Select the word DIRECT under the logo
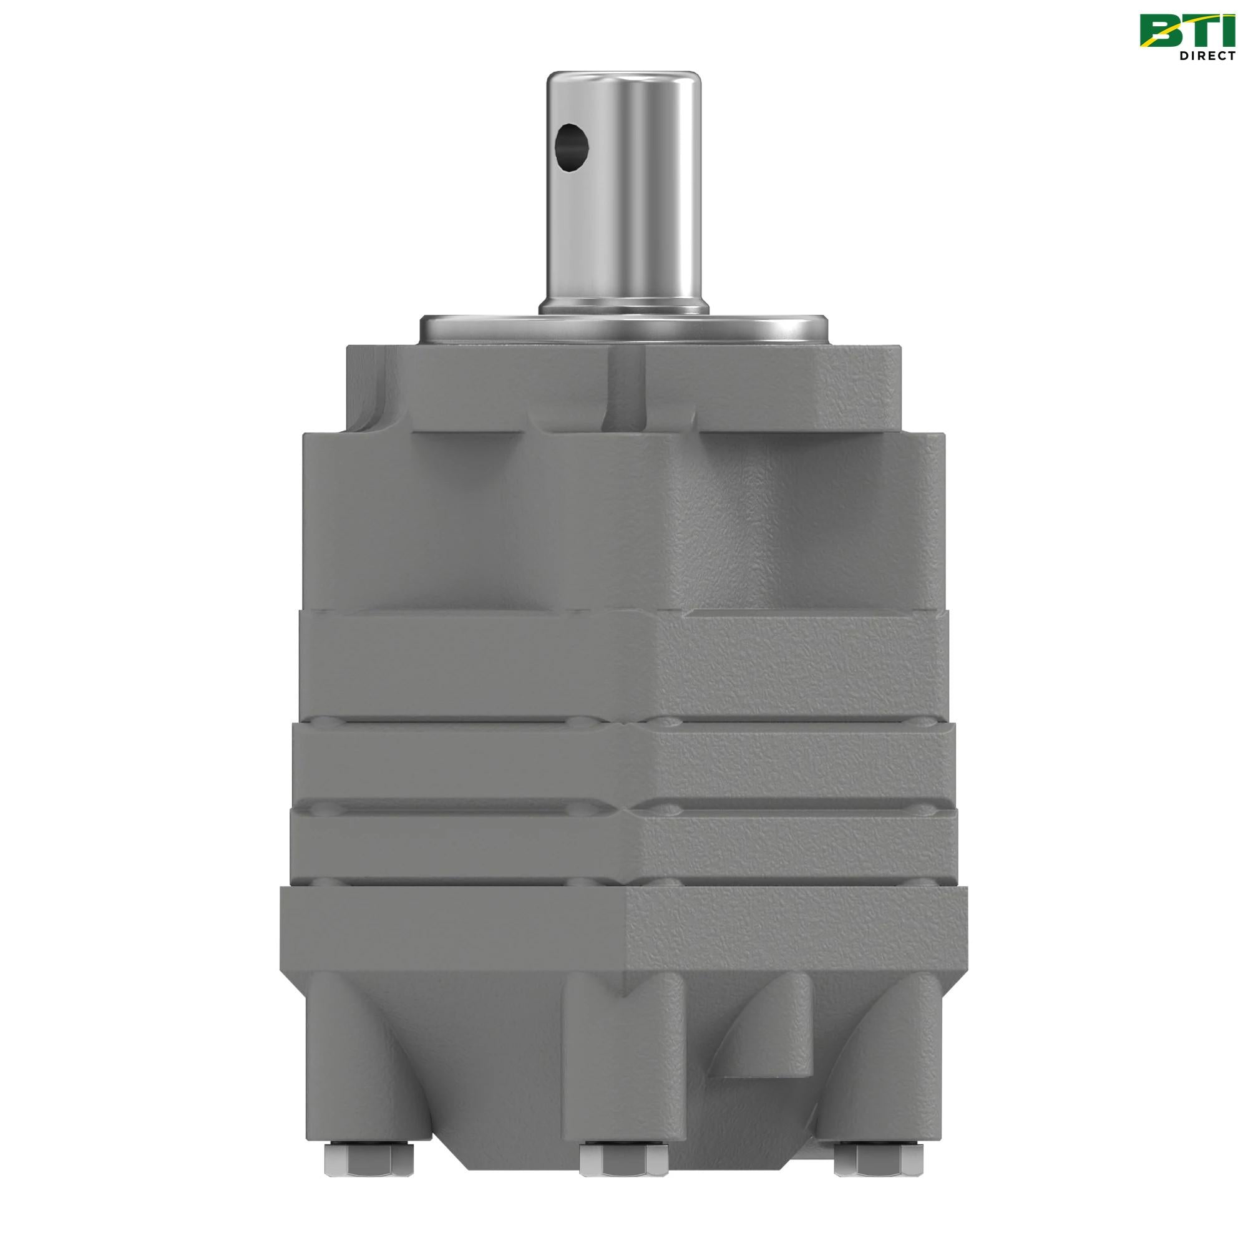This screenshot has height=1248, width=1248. (x=1207, y=57)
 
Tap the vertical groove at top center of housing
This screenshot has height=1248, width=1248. (x=626, y=388)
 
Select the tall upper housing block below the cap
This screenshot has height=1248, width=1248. (x=624, y=517)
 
